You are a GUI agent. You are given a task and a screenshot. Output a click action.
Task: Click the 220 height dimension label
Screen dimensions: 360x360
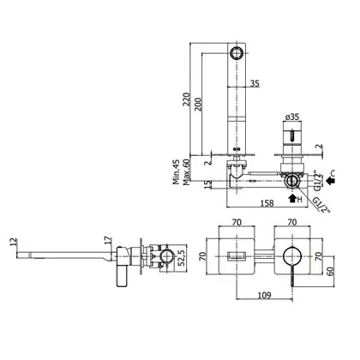click(x=187, y=99)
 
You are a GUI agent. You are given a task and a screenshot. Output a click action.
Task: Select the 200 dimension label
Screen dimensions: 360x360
click(x=198, y=105)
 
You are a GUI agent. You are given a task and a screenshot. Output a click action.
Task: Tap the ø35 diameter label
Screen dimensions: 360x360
click(x=292, y=117)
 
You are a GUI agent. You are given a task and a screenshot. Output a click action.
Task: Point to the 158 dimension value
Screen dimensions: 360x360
click(x=267, y=203)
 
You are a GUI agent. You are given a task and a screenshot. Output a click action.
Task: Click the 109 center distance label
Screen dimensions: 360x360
click(x=264, y=295)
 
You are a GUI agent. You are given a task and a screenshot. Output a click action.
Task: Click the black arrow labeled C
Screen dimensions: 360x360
click(x=331, y=181)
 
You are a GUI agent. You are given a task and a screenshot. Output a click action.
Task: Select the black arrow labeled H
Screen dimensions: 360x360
click(x=292, y=198)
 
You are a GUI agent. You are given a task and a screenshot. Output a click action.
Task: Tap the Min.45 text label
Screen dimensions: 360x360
click(x=177, y=171)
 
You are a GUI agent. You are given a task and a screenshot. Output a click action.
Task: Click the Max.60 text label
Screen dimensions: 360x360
click(x=187, y=172)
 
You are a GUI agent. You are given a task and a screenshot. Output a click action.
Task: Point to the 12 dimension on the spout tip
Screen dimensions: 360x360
click(x=14, y=242)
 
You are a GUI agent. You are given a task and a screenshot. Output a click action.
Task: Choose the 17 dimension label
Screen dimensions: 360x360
click(x=108, y=240)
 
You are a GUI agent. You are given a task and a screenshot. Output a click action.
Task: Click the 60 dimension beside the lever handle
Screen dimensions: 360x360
click(x=330, y=271)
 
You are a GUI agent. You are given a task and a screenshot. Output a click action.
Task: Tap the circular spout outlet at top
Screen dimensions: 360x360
click(x=237, y=53)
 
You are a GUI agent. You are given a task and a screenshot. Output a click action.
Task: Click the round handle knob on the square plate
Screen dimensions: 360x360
click(x=292, y=255)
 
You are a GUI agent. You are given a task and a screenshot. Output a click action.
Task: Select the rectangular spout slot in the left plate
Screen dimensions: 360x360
click(x=237, y=255)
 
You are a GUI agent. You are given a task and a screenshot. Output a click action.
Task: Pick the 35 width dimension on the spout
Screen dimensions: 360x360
click(x=255, y=83)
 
